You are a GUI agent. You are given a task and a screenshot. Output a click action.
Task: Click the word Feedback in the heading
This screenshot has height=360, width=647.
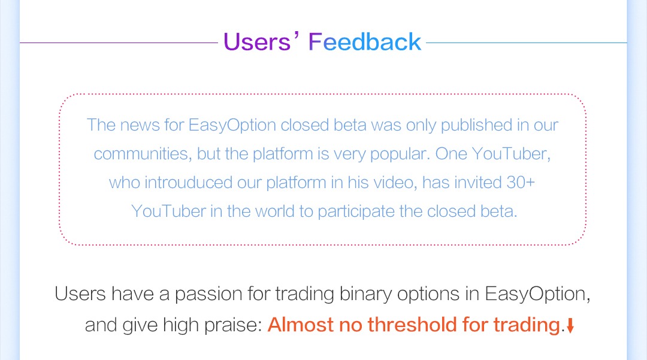tap(365, 42)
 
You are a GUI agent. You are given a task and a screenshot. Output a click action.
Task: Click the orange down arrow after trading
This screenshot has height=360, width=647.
tap(570, 325)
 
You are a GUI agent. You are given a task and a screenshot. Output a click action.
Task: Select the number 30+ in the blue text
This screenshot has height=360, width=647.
tap(521, 182)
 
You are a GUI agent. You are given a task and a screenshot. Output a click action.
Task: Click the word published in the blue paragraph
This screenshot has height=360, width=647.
tap(477, 125)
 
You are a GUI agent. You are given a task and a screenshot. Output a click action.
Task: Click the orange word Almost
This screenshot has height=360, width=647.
tap(300, 325)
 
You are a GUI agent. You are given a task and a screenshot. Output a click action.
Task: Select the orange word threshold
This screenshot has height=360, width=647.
tap(412, 325)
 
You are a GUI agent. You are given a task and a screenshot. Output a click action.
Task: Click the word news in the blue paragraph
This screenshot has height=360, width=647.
tap(140, 125)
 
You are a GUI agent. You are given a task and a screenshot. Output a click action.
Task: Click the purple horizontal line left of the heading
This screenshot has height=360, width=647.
tap(119, 43)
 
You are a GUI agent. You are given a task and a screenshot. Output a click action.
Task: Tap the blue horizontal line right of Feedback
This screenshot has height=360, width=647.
tap(527, 43)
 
